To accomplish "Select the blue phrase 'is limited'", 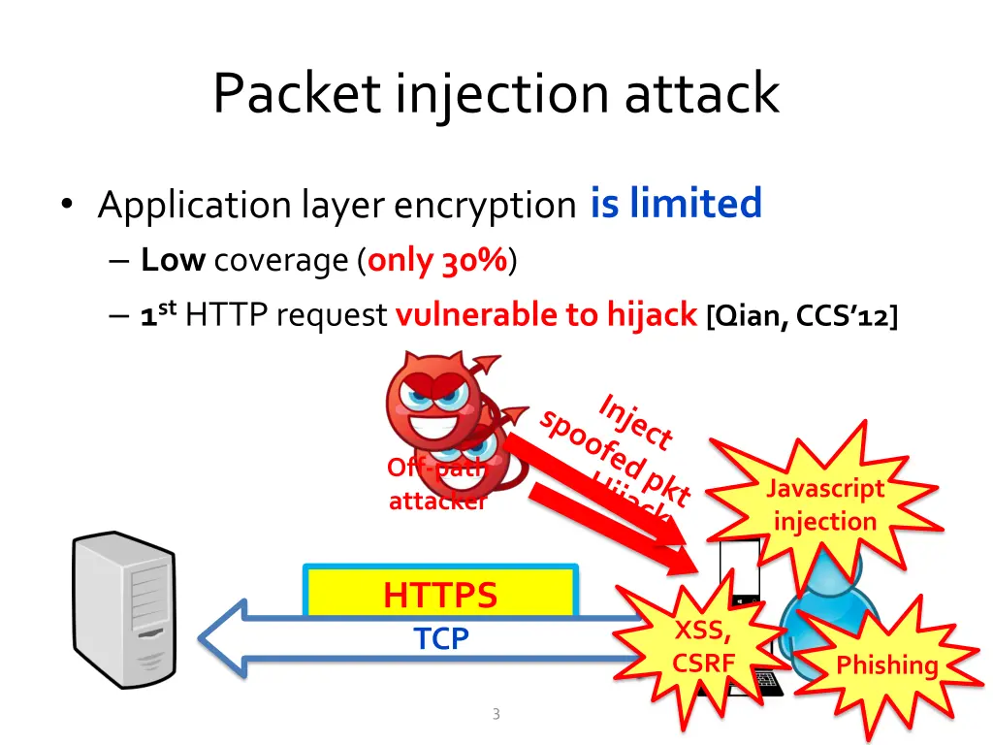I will [676, 204].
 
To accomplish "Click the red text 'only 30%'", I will [437, 260].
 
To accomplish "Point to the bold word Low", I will [173, 260].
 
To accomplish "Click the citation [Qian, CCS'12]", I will [802, 315].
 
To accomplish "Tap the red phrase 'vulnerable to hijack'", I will [546, 314].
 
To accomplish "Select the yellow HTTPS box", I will [440, 594].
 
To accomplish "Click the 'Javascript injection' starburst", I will [825, 504].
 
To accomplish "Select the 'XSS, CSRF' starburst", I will [704, 647].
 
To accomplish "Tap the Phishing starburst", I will [886, 664].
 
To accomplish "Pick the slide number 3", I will [496, 715].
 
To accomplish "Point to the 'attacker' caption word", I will [436, 502].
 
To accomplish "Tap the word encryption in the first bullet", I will [485, 205].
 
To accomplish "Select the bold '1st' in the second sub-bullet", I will [156, 314].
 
